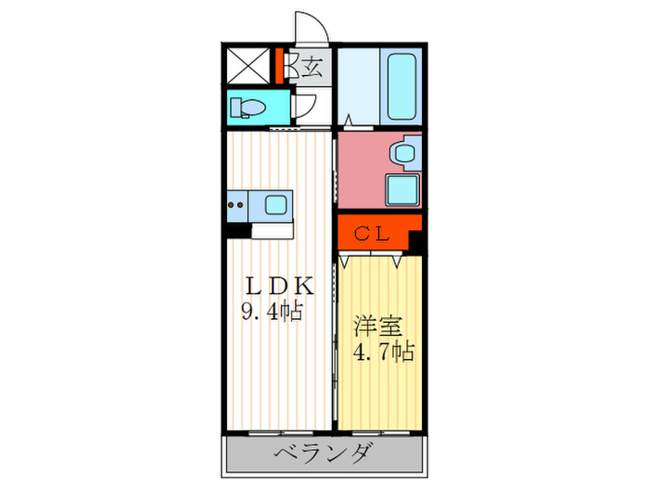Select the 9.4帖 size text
274,312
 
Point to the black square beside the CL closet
417,242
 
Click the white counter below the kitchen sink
272,229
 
